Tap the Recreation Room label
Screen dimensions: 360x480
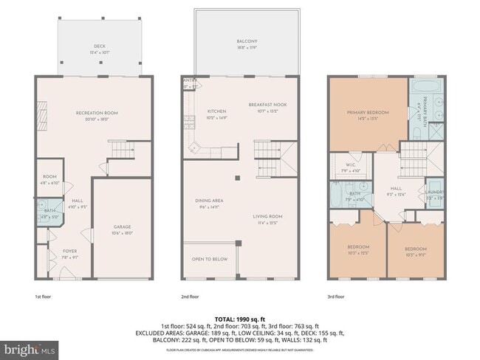coord(97,113)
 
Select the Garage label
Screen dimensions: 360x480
coord(122,226)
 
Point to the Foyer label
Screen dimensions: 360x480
coord(69,251)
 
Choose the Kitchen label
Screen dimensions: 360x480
coord(205,112)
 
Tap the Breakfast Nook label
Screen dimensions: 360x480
coord(267,105)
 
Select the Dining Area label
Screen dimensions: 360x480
coord(211,200)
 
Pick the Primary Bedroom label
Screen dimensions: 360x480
coord(368,112)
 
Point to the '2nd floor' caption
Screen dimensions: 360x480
coord(190,297)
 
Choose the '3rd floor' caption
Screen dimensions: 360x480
coord(335,297)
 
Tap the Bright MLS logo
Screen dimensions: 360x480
coord(29,347)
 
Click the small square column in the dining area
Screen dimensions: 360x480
coord(237,179)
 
